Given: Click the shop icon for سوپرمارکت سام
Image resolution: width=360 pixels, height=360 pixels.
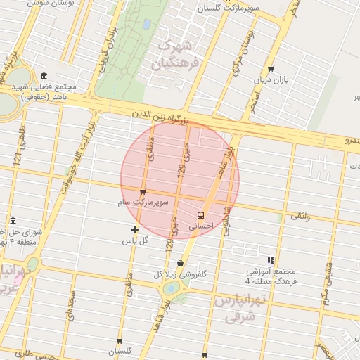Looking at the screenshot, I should [x=143, y=192].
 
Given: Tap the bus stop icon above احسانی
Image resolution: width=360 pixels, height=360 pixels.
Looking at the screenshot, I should [x=202, y=215].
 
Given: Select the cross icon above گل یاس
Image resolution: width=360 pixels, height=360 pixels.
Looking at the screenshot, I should [x=135, y=229].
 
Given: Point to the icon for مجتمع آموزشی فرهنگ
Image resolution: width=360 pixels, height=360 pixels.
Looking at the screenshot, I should [x=271, y=260].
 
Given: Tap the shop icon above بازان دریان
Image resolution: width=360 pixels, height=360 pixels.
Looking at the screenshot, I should [x=271, y=70].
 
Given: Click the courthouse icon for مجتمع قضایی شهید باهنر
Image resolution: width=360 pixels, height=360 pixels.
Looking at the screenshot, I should [x=44, y=76].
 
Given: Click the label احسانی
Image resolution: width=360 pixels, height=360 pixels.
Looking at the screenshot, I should [x=202, y=226].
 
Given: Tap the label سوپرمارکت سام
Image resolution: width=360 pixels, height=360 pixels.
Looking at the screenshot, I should [x=143, y=202].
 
